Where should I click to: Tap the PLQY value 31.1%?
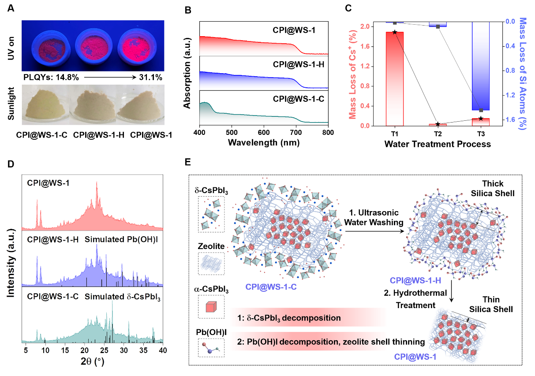click(150, 78)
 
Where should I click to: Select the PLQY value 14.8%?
click(65, 78)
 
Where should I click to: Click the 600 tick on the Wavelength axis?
click(264, 133)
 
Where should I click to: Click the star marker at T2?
click(438, 124)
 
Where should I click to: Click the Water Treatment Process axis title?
click(438, 144)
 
